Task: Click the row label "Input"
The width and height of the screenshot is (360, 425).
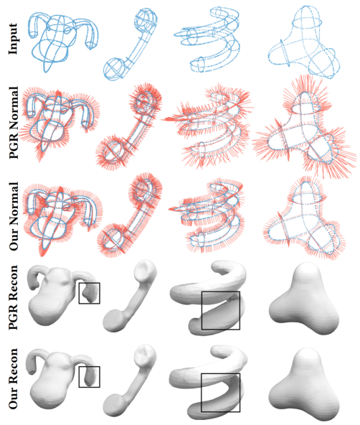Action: coord(13,39)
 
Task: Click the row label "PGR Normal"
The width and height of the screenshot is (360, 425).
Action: coord(13,123)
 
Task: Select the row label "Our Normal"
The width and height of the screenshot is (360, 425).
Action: coord(13,216)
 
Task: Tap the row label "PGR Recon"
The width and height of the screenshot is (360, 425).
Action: coord(13,297)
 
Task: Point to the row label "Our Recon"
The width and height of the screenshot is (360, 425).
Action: coord(13,378)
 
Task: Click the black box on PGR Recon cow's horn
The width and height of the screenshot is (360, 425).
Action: coord(90,283)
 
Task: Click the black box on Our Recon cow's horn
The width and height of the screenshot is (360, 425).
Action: coord(90,367)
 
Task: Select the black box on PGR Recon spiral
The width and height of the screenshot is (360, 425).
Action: coord(221,292)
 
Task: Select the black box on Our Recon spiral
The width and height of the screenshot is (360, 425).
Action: coord(221,374)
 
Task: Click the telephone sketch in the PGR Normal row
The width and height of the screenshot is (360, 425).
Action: coord(129,127)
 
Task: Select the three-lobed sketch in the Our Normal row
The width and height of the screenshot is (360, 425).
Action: coord(305,217)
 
